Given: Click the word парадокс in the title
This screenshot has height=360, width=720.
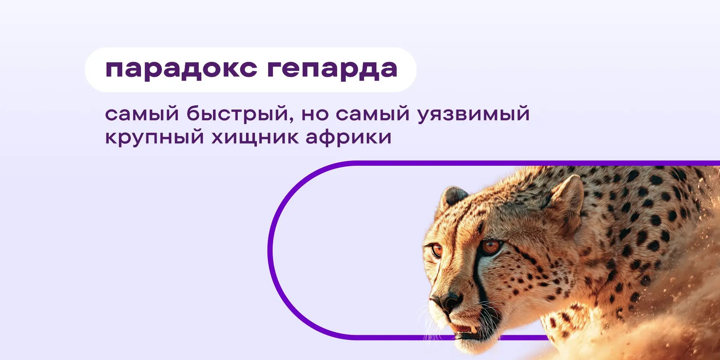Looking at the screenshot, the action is pos(181,70).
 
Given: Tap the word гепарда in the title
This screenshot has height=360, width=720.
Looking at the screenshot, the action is pos(332,70).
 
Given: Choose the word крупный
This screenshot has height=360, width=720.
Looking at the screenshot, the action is pos(154,138).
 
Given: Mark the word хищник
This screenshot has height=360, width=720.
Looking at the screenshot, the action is pos(255,138).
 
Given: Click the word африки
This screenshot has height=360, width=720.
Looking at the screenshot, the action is pos(348,137).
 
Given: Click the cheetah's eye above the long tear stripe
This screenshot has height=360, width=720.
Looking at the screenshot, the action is pos(491,246).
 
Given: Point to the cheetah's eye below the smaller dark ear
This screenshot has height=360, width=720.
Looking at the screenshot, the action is pos(436,249).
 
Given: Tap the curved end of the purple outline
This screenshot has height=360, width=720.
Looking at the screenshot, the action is pos(271,250).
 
